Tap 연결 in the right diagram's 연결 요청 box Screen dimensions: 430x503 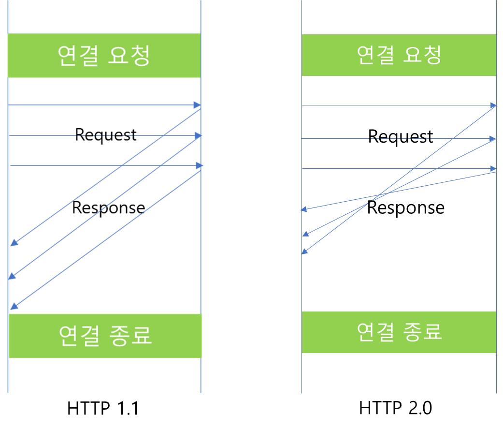[x=375, y=55]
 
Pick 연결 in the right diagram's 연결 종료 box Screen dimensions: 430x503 [x=375, y=332]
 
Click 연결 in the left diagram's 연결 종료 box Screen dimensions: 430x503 [x=79, y=335]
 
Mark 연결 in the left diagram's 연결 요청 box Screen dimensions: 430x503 [x=78, y=56]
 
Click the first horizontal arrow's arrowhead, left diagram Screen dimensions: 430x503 [x=197, y=105]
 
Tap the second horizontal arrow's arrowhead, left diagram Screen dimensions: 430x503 [x=198, y=136]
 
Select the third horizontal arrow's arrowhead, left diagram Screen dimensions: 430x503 [x=200, y=166]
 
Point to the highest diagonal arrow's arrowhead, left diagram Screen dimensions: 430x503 [x=14, y=243]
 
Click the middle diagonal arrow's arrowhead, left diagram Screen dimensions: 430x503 [x=12, y=277]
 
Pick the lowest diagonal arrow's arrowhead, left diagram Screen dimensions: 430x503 [x=14, y=307]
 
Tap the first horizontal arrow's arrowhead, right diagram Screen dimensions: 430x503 [x=493, y=105]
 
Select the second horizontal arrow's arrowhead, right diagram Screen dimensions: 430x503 [x=493, y=139]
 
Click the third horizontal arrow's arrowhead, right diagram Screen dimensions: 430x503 [x=493, y=169]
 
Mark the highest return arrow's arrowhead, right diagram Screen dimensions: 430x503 [x=303, y=209]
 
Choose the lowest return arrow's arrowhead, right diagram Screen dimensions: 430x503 [x=304, y=251]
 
